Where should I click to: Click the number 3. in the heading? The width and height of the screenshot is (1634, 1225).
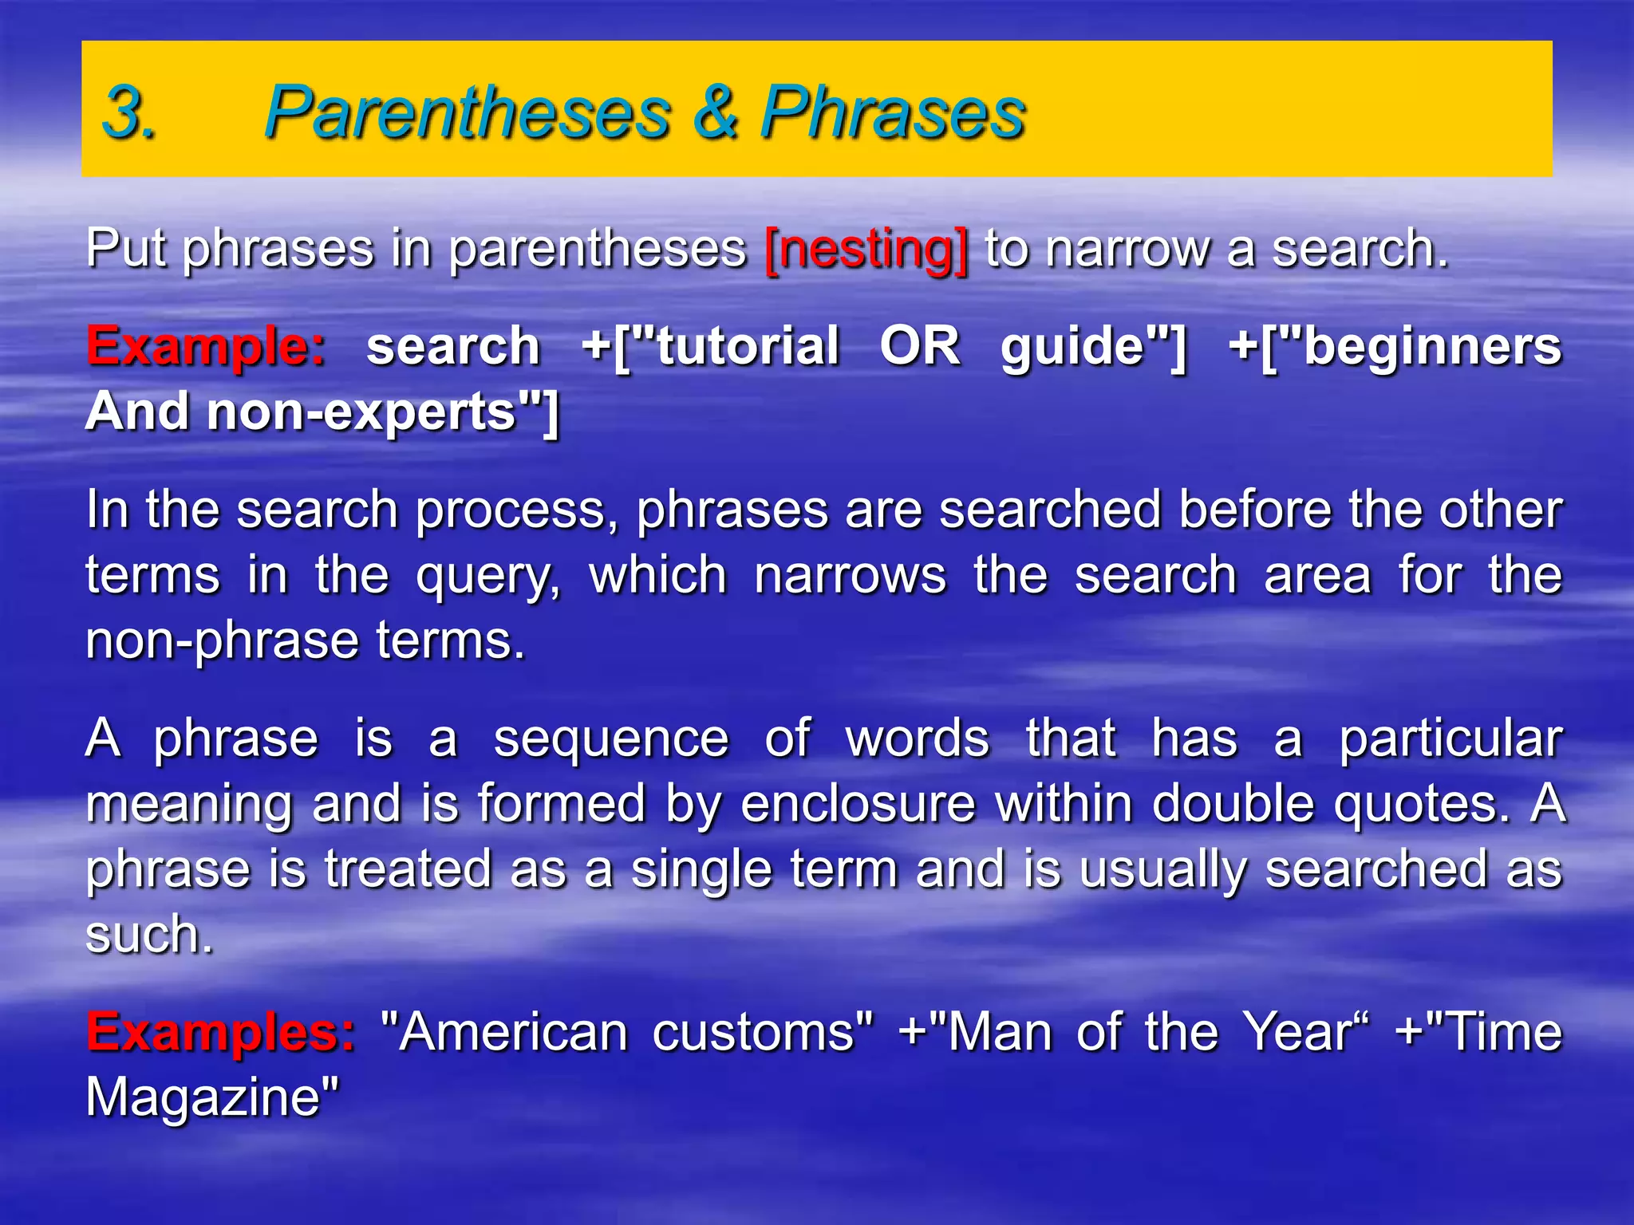129,112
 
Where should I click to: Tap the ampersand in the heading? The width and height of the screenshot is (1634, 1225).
715,112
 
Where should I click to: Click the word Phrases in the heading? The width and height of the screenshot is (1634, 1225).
892,112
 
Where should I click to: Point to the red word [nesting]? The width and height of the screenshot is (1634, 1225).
866,250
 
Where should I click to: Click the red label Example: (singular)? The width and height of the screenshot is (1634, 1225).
206,347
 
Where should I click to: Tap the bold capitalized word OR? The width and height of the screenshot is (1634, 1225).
920,347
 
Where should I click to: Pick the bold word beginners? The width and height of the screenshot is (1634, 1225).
1431,347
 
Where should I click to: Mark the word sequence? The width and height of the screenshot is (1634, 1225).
611,739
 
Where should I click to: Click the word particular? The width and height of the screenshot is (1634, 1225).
1450,739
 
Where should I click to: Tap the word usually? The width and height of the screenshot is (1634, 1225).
1162,869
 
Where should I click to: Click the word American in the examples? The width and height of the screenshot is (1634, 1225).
514,1032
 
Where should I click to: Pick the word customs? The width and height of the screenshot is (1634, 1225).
753,1032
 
